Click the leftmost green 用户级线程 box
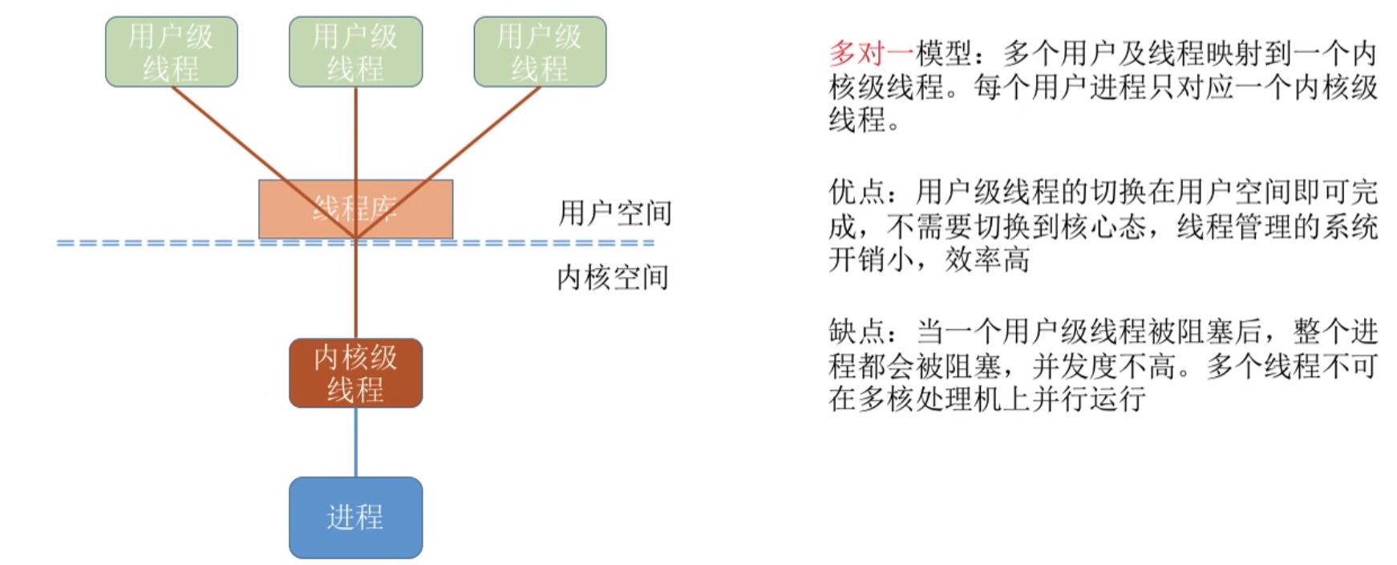click(171, 51)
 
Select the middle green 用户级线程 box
click(355, 51)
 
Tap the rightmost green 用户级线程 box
click(540, 51)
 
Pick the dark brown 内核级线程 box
click(355, 373)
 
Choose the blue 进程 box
click(355, 518)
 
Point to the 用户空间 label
click(614, 213)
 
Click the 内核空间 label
click(613, 278)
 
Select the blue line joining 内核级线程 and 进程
click(356, 441)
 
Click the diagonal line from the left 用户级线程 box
click(233, 136)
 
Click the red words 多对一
click(870, 54)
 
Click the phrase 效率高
click(986, 260)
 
